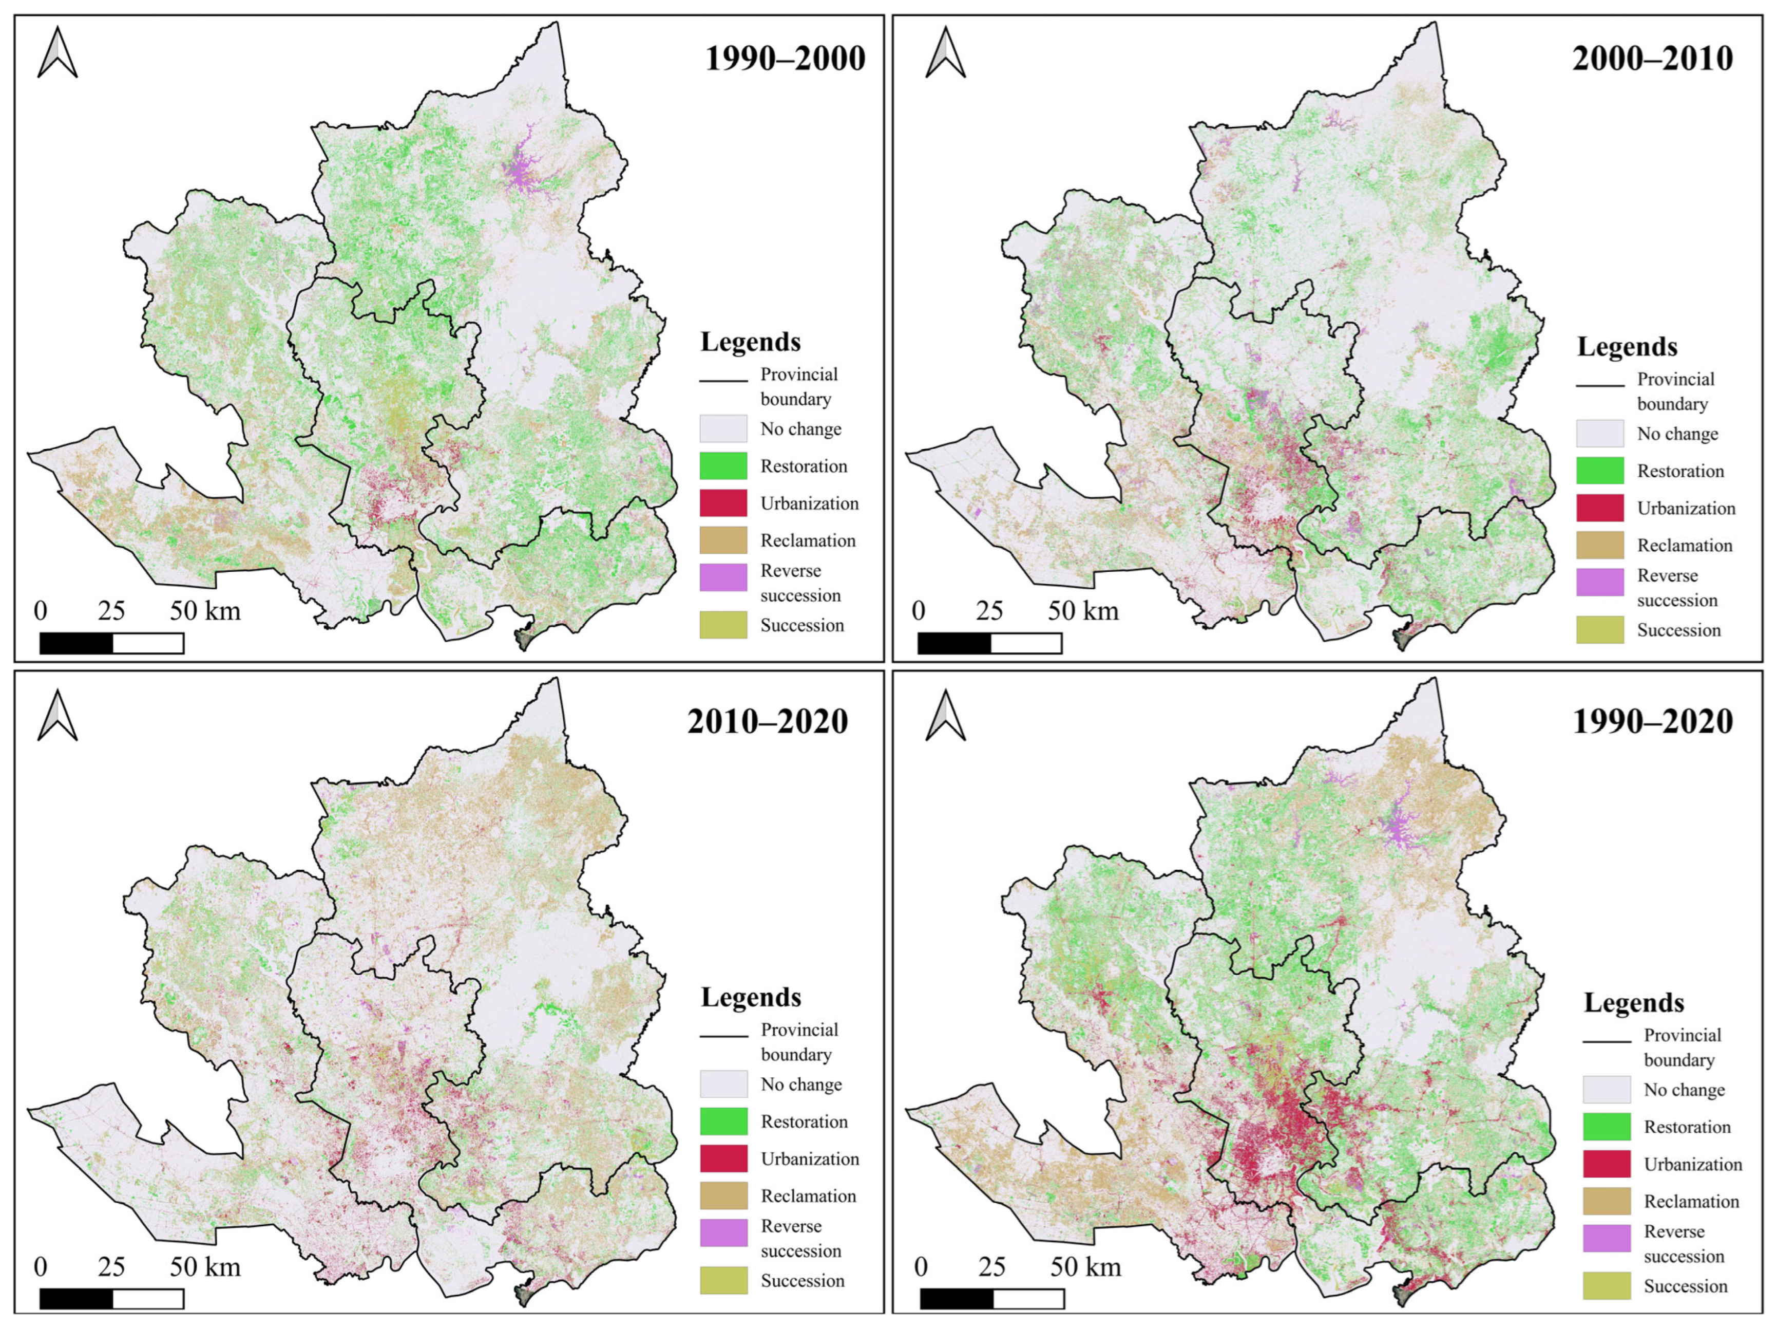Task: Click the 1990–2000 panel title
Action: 785,59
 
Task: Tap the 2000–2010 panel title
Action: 1652,59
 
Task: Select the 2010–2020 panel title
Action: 768,721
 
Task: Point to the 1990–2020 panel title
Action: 1652,721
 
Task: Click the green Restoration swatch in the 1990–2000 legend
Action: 722,466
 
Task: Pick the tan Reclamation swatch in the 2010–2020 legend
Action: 722,1195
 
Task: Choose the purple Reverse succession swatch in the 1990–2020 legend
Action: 1606,1238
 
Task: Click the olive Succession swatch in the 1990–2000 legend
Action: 722,625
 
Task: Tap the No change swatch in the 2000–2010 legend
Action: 1599,434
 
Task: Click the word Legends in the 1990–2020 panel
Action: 1633,1003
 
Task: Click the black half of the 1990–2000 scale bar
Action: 77,643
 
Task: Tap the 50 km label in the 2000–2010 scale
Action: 1082,611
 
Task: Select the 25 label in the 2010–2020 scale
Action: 111,1267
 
